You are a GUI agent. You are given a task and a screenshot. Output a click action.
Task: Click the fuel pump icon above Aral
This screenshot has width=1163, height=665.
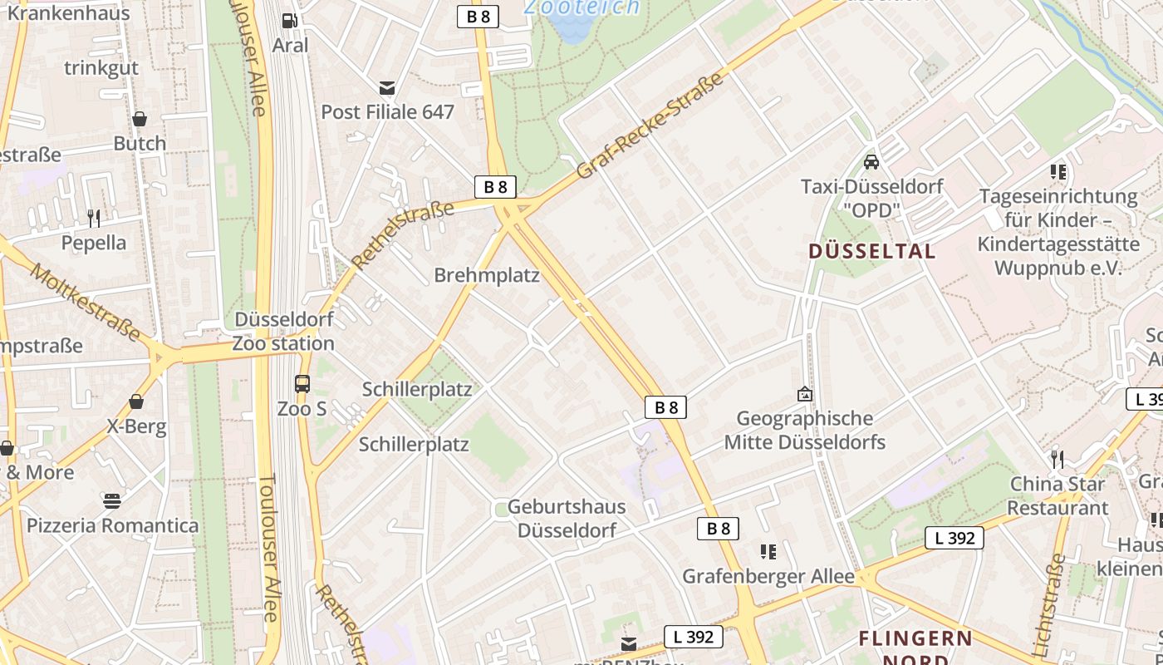point(289,21)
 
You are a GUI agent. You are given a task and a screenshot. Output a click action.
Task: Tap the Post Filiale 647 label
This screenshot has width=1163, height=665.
point(387,111)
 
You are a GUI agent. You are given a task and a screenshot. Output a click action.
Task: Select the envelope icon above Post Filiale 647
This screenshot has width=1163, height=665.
point(386,87)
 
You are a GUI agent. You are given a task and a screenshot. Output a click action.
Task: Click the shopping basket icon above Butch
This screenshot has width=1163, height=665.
point(140,119)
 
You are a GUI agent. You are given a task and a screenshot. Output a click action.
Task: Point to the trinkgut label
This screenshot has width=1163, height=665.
point(101,68)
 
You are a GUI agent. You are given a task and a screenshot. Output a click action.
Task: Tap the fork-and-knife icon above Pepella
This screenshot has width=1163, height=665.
point(94,219)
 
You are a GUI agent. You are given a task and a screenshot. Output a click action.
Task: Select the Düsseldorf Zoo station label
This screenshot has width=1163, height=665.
point(283,331)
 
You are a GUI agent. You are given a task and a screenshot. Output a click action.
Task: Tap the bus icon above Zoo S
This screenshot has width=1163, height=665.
point(302,384)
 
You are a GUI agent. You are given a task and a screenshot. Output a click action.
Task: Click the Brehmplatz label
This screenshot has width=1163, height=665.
point(487,275)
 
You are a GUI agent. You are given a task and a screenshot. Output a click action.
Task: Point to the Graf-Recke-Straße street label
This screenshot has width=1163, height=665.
point(650,126)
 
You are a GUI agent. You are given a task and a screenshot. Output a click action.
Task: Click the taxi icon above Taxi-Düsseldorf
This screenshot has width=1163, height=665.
point(871,161)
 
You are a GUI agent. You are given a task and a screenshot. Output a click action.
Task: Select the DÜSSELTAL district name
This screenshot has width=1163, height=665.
point(871,251)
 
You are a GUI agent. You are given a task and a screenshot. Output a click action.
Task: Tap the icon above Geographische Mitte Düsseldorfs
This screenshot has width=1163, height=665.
point(804,394)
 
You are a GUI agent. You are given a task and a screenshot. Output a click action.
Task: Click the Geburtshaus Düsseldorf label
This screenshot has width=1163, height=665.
point(567,518)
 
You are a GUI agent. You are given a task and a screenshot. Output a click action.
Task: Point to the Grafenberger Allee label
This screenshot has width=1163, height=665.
point(768,576)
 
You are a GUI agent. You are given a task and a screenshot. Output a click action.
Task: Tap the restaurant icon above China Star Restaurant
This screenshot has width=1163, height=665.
point(1057,459)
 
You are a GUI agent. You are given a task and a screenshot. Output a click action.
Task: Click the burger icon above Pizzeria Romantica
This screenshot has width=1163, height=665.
point(112,500)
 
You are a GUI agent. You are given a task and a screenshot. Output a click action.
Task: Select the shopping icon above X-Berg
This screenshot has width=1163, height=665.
point(136,402)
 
